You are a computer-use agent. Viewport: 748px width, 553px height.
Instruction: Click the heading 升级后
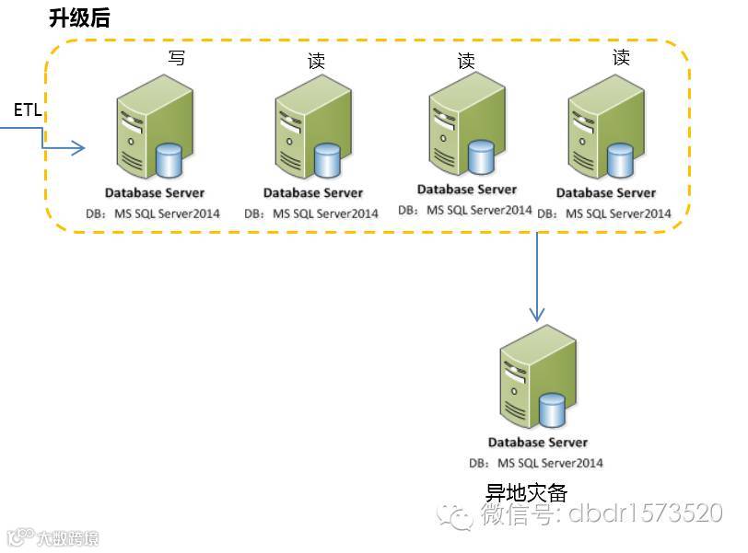(79, 17)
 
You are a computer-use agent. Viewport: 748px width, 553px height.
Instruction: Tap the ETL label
(26, 110)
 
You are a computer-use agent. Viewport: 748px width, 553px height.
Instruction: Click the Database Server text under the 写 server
(155, 193)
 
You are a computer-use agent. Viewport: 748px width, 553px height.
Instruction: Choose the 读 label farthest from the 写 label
(621, 58)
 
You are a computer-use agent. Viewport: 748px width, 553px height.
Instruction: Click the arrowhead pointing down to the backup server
(537, 315)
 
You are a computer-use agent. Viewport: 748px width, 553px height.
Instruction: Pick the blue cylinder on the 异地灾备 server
(552, 410)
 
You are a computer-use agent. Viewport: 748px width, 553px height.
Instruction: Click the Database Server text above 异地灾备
(538, 443)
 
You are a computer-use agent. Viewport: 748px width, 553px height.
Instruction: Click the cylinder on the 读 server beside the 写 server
(328, 161)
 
